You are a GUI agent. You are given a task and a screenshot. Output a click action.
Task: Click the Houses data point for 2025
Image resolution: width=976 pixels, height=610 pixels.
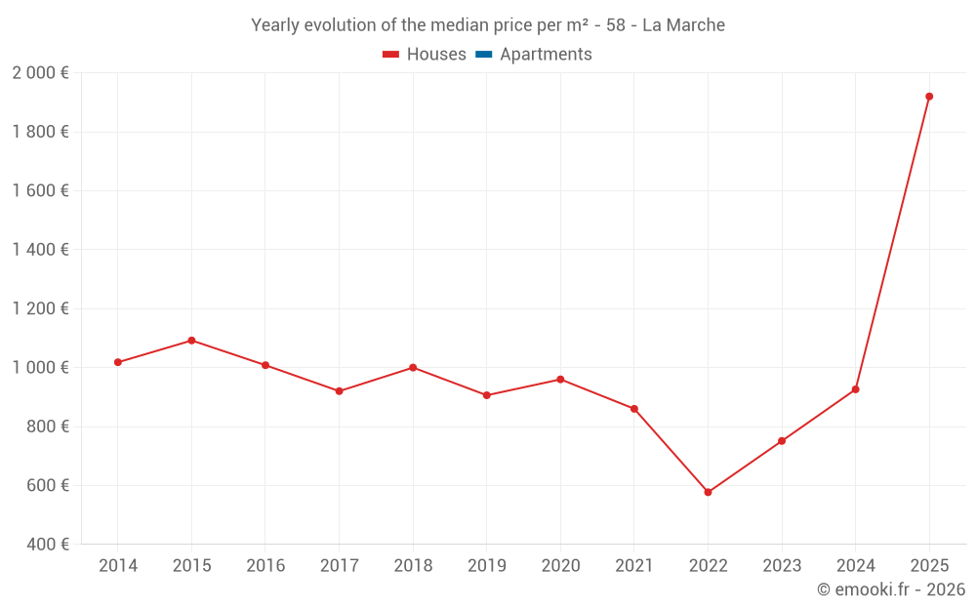click(929, 97)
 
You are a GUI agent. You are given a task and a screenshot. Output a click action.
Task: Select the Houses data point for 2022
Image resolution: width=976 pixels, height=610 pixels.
click(708, 492)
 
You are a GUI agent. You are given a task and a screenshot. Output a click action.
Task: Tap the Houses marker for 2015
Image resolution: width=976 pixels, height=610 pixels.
click(191, 341)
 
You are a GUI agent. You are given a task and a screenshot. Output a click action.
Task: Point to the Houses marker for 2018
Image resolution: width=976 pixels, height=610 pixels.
click(413, 368)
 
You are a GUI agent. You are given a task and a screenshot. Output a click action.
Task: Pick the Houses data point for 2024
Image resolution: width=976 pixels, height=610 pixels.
click(856, 389)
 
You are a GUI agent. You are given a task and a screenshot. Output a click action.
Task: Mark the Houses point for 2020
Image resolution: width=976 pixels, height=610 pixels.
click(560, 380)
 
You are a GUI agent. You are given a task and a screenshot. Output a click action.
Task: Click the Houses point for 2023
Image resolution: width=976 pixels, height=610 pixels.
click(782, 441)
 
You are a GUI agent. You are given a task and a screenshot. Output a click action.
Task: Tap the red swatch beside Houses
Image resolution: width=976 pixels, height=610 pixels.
click(391, 55)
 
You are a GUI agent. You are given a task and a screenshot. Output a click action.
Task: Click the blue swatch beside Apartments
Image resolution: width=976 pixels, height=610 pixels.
click(483, 55)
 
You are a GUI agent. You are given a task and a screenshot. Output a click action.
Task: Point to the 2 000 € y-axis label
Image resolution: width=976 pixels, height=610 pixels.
click(40, 73)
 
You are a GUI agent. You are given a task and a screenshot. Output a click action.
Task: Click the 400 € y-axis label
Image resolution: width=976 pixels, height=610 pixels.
click(47, 545)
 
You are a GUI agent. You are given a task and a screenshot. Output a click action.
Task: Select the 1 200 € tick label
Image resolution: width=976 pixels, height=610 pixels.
click(40, 309)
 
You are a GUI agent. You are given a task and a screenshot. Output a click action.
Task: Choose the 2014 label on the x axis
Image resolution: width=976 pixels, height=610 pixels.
click(118, 566)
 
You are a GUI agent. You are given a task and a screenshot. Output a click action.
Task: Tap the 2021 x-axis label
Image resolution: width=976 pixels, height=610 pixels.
click(634, 566)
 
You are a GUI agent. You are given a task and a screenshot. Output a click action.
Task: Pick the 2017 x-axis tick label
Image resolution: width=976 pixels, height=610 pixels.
click(339, 566)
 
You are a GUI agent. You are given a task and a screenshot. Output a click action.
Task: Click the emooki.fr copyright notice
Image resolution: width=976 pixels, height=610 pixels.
click(890, 590)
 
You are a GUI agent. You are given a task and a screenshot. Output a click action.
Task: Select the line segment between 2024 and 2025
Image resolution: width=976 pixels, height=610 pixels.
click(892, 243)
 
